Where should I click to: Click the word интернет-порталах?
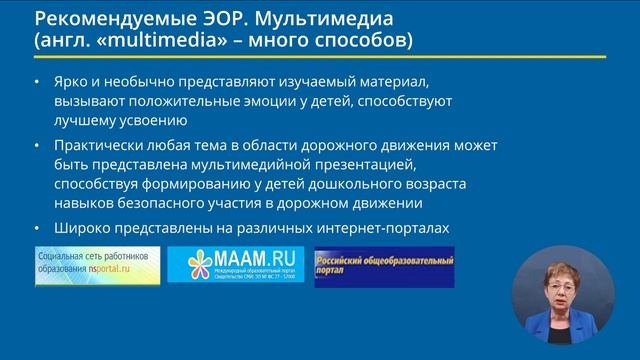(385, 229)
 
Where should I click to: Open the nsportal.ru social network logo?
(97, 266)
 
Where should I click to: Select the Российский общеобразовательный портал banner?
(384, 266)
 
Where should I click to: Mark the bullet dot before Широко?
(38, 230)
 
